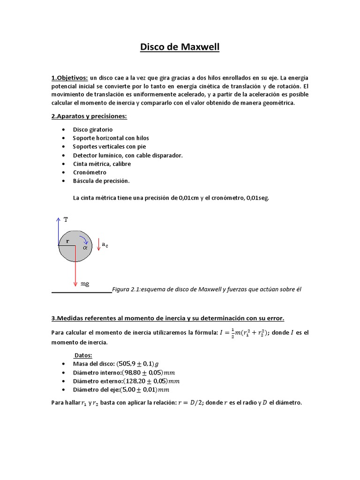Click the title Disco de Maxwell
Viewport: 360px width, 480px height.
180,47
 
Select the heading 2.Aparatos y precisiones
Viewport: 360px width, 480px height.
89,116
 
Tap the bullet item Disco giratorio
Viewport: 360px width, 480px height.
93,129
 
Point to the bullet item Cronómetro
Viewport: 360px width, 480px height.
89,172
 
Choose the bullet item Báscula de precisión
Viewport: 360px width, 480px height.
101,181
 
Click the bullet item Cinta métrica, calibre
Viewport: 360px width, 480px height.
102,164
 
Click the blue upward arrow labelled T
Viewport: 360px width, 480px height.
58,231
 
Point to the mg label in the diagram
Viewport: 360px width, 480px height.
85,284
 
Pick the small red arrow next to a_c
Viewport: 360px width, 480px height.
98,245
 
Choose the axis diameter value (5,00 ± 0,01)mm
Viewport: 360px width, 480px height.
144,389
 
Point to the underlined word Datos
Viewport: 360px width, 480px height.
83,355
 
